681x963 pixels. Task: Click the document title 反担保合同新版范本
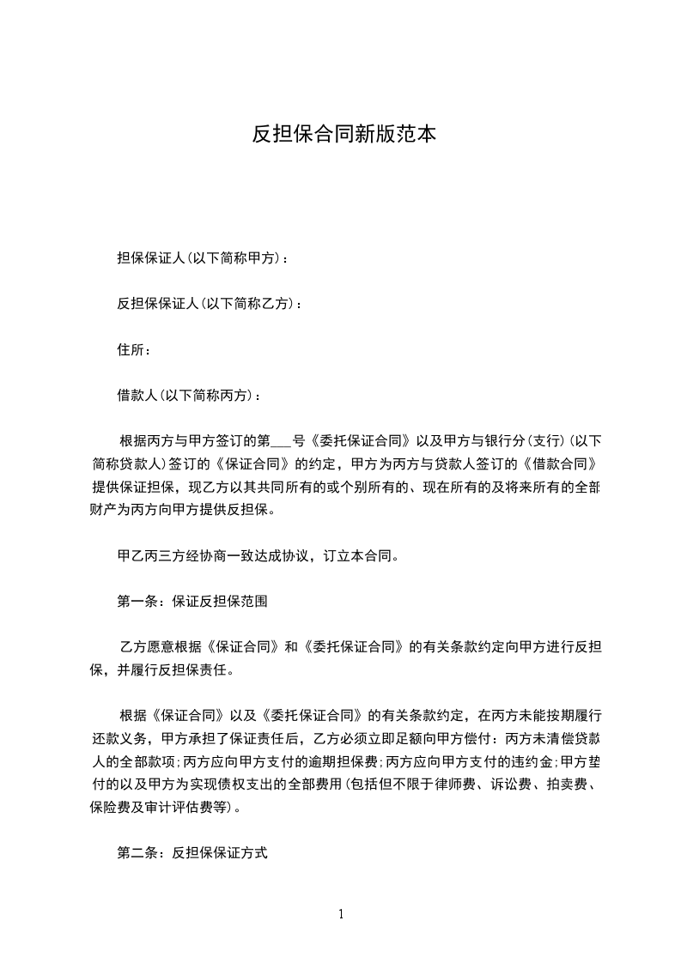point(344,134)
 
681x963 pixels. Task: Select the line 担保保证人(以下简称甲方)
point(202,257)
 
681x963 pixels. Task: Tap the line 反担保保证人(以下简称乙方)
point(209,303)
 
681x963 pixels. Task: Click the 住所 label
point(134,349)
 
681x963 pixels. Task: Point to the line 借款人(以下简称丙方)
point(188,395)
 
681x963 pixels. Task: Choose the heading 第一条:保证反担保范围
point(192,602)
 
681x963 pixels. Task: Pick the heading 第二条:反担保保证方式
point(192,853)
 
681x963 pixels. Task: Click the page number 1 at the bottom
point(341,914)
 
